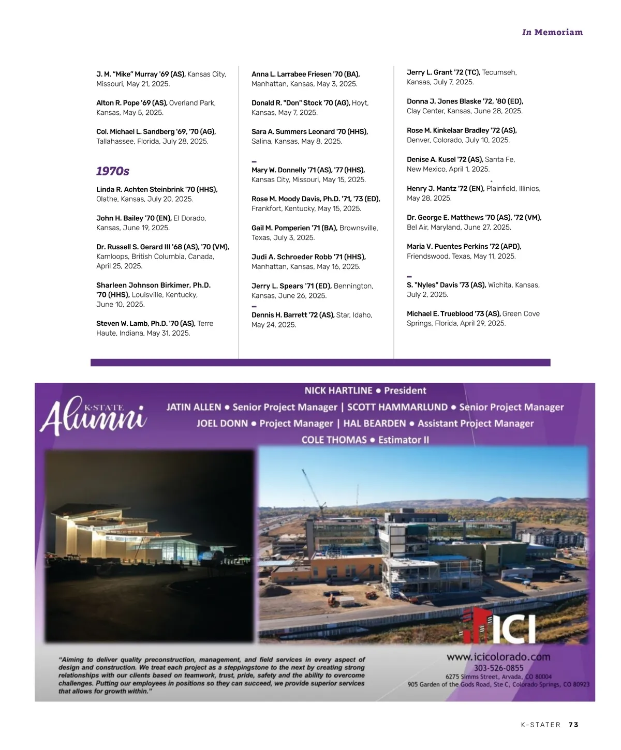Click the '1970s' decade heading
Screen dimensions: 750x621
[113, 171]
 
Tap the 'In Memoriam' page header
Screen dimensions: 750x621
[552, 32]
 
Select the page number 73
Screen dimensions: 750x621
[573, 725]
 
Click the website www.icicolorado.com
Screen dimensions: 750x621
[498, 657]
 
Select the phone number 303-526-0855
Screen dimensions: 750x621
[498, 668]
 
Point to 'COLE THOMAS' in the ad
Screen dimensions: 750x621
[334, 440]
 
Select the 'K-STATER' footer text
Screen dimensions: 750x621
[541, 725]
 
